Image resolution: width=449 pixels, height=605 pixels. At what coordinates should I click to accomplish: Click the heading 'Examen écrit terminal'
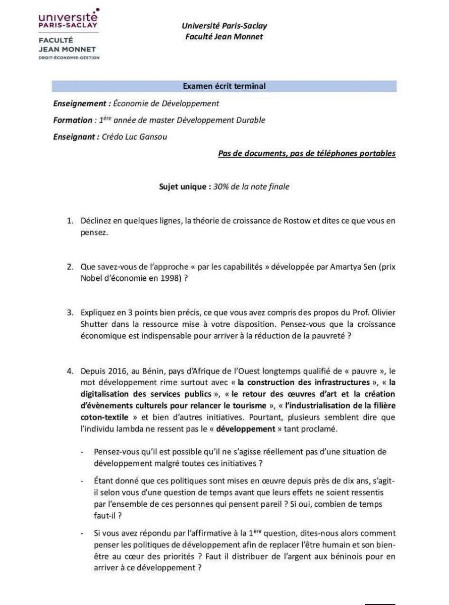tap(224, 86)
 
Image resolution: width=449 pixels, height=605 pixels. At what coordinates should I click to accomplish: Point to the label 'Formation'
tap(73, 120)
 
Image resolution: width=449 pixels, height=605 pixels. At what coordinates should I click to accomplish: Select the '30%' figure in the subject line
tap(221, 187)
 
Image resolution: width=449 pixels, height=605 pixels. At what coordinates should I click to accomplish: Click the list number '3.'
tap(71, 313)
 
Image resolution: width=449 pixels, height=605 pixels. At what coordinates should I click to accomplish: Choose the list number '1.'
tap(71, 220)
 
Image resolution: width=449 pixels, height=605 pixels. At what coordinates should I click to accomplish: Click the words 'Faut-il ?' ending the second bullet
tap(108, 515)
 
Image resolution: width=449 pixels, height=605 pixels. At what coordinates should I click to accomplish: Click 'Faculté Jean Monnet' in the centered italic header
tap(224, 36)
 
